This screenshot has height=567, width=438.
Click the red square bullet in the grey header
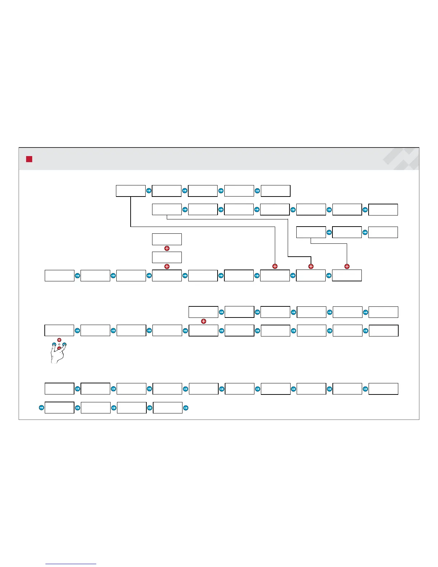[x=29, y=159]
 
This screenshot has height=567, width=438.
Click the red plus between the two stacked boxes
[x=167, y=248]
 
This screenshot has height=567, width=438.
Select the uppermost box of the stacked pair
[x=167, y=239]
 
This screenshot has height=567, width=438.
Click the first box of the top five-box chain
[x=131, y=191]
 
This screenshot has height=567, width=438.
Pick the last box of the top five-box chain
[x=276, y=191]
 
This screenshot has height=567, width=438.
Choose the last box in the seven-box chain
[x=383, y=209]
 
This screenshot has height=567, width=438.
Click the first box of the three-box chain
[x=311, y=232]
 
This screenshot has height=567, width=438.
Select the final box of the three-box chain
[x=383, y=232]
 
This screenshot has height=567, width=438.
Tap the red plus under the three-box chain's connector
[x=347, y=266]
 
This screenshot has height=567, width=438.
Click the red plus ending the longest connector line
[x=275, y=266]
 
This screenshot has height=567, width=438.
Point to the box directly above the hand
[x=59, y=330]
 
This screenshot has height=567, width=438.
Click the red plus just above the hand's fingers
[x=59, y=340]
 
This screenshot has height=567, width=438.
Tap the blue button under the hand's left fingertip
[x=54, y=345]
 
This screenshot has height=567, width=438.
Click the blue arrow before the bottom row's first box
[x=41, y=407]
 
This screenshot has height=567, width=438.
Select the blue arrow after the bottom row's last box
[x=185, y=407]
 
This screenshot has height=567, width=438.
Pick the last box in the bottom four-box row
[x=167, y=408]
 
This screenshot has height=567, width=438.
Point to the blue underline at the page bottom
[x=71, y=564]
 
